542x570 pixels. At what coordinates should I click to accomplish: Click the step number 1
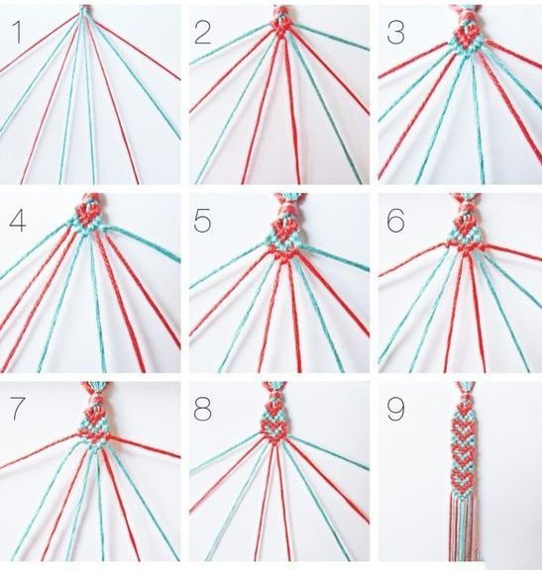[17, 32]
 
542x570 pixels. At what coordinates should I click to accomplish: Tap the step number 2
[202, 33]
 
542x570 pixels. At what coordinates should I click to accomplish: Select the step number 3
[395, 33]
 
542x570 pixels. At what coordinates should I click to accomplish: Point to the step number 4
[17, 221]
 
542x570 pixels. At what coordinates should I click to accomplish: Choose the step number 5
[202, 221]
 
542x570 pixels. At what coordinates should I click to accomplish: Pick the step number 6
[395, 221]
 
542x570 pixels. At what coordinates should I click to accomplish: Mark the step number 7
[17, 409]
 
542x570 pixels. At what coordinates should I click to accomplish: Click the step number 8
[202, 409]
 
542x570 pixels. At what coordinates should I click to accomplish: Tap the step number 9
[395, 409]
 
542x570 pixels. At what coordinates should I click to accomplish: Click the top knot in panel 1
[85, 10]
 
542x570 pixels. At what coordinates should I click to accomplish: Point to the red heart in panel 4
[89, 215]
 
